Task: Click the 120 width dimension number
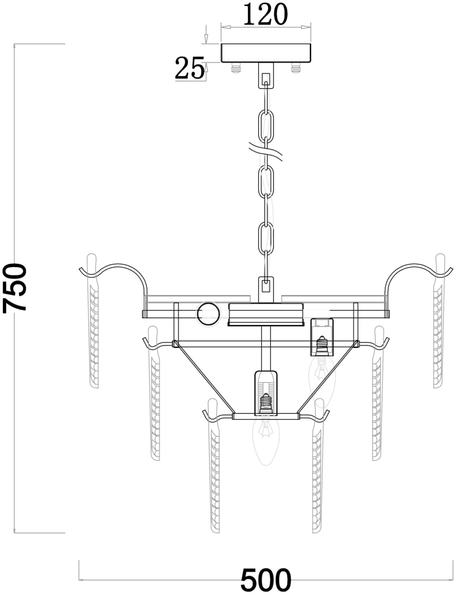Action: pos(265,14)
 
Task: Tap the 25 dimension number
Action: pos(189,68)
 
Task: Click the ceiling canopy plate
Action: pos(266,53)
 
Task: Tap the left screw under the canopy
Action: pos(236,68)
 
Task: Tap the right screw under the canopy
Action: pos(296,68)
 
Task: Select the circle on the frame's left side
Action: pos(208,314)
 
